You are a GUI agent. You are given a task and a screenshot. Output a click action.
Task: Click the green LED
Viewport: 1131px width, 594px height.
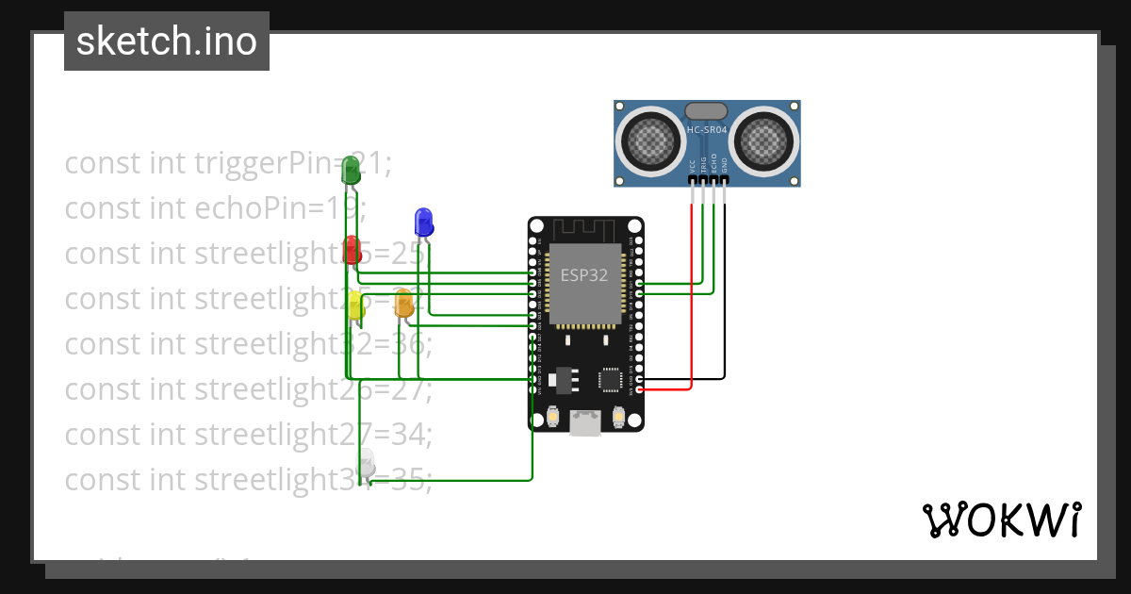tap(351, 171)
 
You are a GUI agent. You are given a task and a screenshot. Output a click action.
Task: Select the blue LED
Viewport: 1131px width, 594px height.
tap(423, 222)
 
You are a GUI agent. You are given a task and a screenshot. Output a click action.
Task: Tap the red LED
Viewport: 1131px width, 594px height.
tap(352, 250)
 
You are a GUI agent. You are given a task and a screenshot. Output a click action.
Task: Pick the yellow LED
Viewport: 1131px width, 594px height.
tap(355, 305)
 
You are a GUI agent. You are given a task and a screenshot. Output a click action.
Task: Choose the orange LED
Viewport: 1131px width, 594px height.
tap(403, 303)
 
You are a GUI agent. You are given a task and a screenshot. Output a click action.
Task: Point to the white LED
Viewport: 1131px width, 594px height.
tap(366, 463)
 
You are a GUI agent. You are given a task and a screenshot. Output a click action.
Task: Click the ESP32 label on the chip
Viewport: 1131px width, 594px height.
tap(584, 275)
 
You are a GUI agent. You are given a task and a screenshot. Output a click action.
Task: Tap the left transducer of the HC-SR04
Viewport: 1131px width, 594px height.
tap(649, 141)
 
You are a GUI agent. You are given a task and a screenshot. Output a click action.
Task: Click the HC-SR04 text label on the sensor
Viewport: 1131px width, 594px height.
tap(707, 130)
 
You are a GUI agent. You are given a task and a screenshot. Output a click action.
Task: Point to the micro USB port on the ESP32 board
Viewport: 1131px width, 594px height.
tap(585, 422)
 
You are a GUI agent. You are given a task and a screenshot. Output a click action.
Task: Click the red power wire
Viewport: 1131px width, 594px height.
tap(692, 302)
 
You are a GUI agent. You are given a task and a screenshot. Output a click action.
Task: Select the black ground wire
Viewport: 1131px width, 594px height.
tap(725, 302)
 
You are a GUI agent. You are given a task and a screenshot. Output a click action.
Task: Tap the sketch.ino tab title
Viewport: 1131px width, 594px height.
tap(167, 41)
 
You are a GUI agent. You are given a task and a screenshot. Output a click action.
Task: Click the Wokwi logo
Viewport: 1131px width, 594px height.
tap(1001, 520)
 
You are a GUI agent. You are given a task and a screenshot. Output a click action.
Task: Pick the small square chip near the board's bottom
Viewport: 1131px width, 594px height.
tap(609, 379)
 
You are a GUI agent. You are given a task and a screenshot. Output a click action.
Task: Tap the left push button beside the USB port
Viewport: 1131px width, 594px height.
tap(553, 416)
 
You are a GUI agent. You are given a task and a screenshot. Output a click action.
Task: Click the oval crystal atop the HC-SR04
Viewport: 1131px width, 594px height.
tap(706, 111)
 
